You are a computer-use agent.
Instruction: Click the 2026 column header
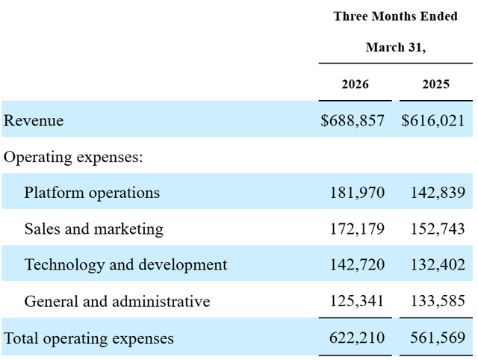[356, 84]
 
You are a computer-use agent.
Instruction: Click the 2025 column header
[436, 84]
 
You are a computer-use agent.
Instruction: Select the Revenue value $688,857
[353, 120]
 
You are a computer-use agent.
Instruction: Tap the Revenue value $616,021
[433, 120]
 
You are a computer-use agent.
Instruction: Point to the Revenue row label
[34, 120]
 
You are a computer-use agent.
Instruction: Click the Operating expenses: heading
[73, 158]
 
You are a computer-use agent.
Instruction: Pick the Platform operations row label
[92, 193]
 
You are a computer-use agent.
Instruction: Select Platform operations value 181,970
[357, 193]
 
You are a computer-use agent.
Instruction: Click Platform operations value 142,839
[438, 193]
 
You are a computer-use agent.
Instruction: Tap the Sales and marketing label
[94, 229]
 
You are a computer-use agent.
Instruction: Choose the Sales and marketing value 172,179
[357, 229]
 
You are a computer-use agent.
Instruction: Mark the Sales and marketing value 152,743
[438, 229]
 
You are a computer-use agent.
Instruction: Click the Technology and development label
[126, 264]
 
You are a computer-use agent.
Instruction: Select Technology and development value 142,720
[357, 264]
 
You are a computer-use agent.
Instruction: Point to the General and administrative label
[117, 301]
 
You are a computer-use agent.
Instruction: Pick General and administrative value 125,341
[357, 301]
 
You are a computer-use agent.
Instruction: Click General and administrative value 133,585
[438, 301]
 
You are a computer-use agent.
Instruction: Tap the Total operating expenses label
[89, 338]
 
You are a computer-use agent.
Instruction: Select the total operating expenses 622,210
[357, 338]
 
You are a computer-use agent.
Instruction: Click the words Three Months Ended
[396, 16]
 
